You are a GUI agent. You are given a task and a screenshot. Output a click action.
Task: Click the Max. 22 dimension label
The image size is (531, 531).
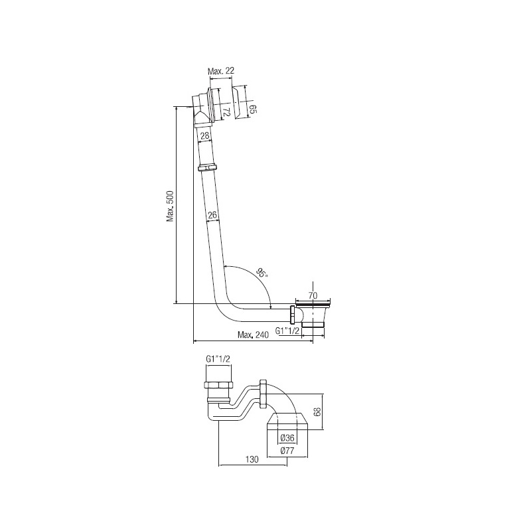(x=221, y=71)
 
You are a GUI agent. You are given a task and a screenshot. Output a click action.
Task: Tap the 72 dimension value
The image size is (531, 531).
(x=226, y=112)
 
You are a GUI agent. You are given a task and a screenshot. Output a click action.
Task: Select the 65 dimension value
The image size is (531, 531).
(x=254, y=109)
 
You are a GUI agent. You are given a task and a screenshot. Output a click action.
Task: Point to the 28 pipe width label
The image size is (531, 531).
(x=204, y=136)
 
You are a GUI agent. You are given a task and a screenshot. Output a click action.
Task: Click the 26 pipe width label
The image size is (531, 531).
(x=212, y=214)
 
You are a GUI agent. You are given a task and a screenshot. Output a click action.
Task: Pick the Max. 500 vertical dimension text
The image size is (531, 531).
(x=170, y=206)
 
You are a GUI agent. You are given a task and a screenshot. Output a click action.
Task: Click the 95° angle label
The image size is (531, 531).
(x=262, y=272)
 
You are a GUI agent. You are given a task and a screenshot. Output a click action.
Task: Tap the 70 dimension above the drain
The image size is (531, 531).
(x=313, y=295)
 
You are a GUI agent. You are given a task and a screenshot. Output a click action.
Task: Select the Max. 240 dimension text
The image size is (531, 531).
(x=253, y=335)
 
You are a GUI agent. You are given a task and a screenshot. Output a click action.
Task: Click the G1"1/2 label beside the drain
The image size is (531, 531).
(x=287, y=331)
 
